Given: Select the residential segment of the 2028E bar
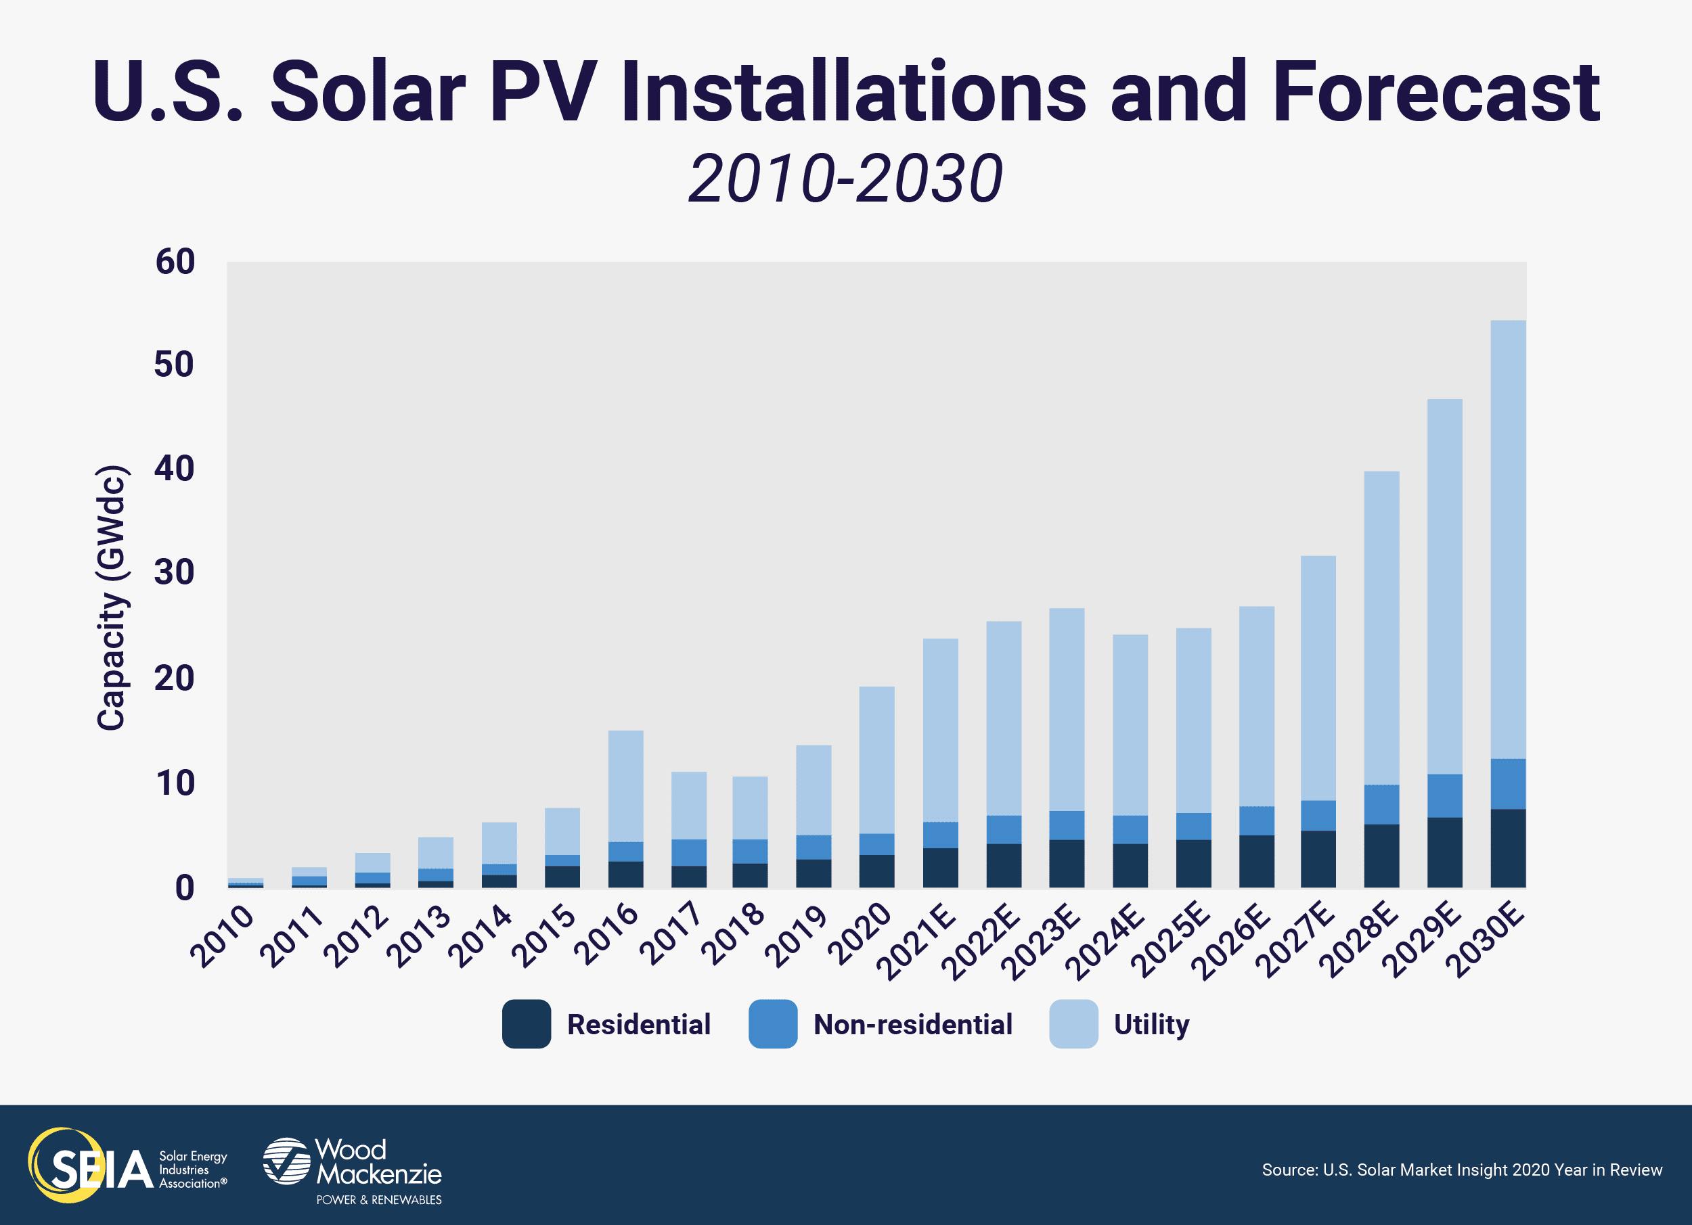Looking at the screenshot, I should (1381, 855).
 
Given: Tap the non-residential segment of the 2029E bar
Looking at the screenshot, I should (1444, 795).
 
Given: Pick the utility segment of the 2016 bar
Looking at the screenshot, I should (625, 786).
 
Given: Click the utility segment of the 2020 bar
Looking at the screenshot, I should (876, 760).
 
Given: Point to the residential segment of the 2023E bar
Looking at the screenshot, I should (1066, 863).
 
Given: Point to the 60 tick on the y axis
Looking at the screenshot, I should (175, 262).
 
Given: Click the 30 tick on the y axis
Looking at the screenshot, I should (175, 574).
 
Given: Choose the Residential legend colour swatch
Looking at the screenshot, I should (526, 1024).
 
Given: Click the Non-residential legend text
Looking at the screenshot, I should (912, 1024).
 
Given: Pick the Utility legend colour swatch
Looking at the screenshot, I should (1073, 1024).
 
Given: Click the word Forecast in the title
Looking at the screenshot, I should (1435, 93).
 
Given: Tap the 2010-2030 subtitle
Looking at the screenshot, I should (845, 180).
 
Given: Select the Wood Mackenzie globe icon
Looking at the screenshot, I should (286, 1161).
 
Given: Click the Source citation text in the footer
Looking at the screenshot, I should (1461, 1170).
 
